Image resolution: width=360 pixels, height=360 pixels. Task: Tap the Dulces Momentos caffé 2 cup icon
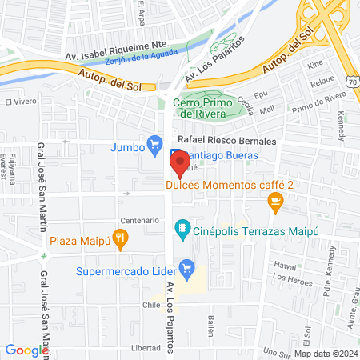pyautogui.click(x=275, y=201)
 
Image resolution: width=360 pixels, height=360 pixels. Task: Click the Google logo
pyautogui.click(x=26, y=350)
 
